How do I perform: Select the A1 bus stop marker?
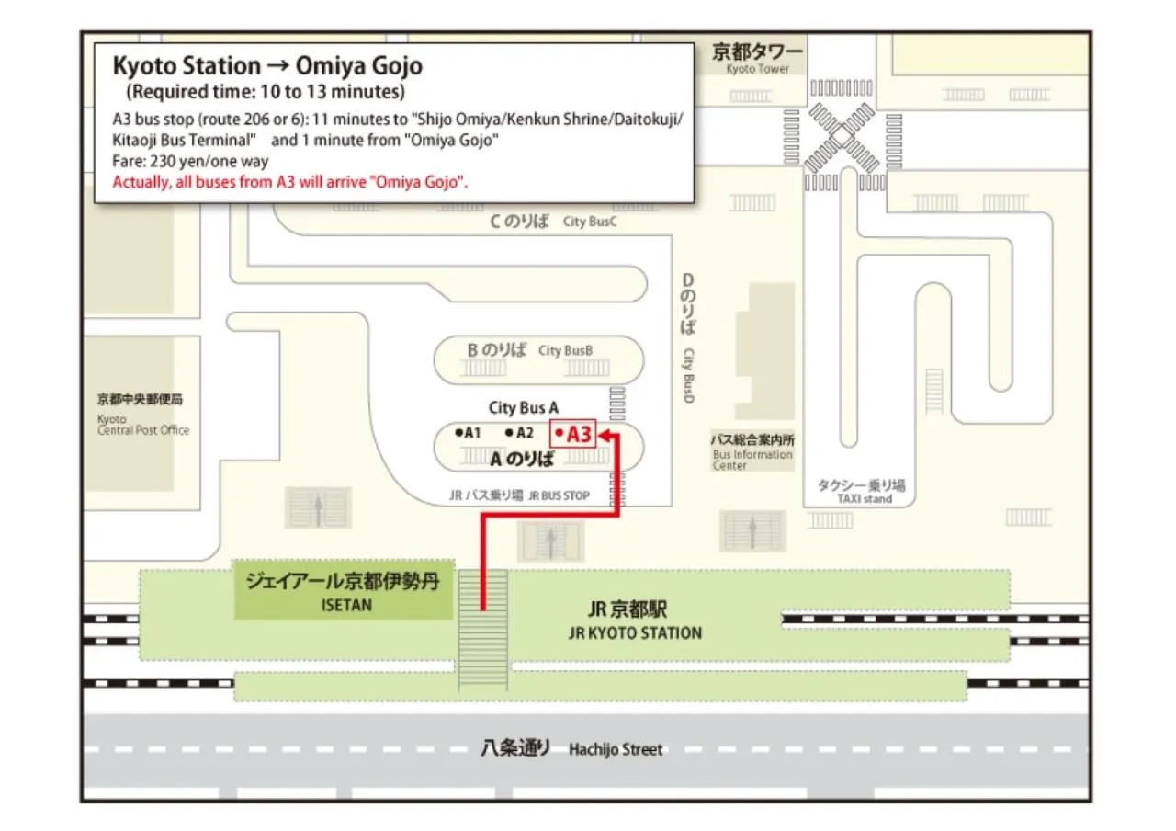click(x=469, y=432)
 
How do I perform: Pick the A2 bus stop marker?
click(x=520, y=432)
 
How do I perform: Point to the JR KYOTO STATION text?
click(x=634, y=632)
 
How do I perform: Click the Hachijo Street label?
click(x=616, y=749)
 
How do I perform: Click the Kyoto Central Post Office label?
click(x=142, y=424)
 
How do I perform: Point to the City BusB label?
click(x=566, y=350)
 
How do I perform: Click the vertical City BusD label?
click(x=687, y=375)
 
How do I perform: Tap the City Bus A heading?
click(x=524, y=407)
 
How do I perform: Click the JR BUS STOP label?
click(x=559, y=495)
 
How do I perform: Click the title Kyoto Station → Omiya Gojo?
click(x=266, y=66)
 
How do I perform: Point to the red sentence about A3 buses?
click(x=290, y=181)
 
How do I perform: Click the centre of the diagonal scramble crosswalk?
click(x=841, y=137)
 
